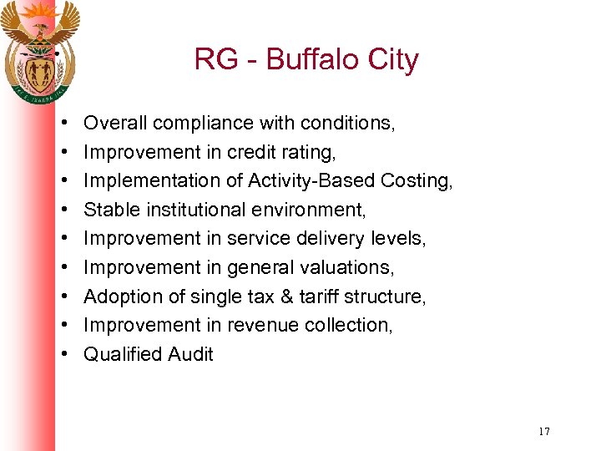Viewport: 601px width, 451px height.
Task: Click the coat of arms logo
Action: coord(39,50)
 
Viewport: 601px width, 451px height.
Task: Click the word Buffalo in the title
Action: coord(307,60)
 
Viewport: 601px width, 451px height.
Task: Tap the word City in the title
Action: coord(390,60)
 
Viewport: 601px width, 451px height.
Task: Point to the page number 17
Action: coord(544,432)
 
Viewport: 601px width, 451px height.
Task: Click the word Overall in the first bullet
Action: coord(115,124)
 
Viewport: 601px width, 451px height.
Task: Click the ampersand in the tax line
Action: coord(276,296)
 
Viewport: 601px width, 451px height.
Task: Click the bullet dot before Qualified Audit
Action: coord(65,355)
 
